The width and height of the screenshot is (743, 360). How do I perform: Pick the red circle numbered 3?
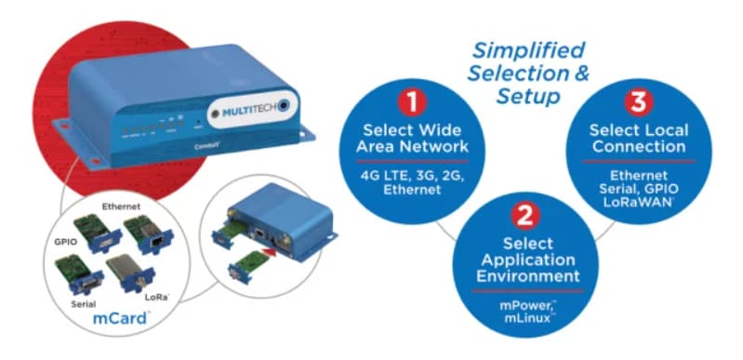click(641, 100)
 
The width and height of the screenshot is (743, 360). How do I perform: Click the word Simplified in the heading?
click(528, 49)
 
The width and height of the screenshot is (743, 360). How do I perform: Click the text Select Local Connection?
click(641, 138)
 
